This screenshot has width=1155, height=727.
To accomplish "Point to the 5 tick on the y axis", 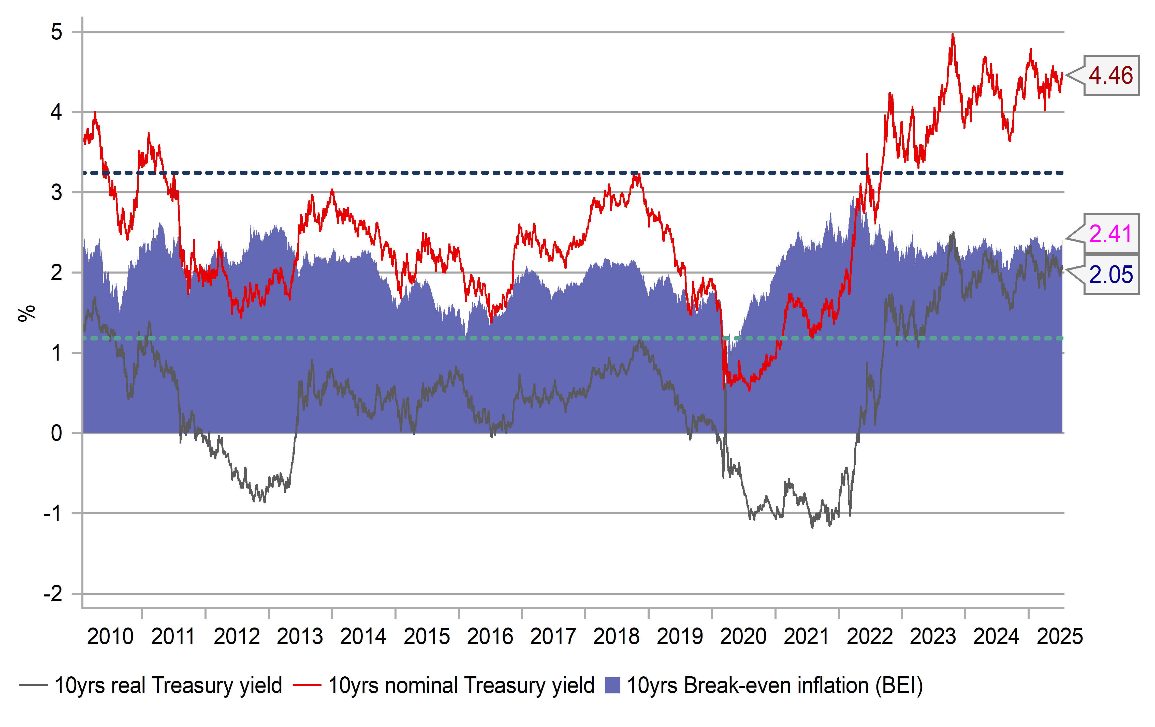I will (x=57, y=32).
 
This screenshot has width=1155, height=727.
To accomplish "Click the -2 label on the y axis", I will (x=53, y=594).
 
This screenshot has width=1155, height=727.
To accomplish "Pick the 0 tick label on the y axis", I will (x=57, y=433).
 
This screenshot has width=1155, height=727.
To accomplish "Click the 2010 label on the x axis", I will (x=110, y=637).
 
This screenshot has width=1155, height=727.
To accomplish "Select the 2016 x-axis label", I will (x=490, y=637).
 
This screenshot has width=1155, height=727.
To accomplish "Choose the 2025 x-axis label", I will (x=1060, y=637).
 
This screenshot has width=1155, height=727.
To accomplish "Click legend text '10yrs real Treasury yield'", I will (x=168, y=685).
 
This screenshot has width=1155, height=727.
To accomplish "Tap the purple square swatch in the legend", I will (x=612, y=685).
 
